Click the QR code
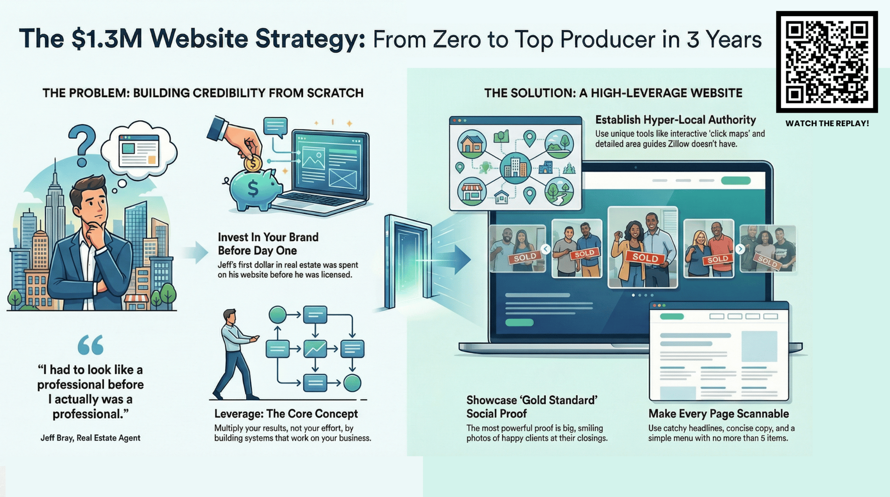click(x=827, y=62)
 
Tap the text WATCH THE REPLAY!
click(x=827, y=123)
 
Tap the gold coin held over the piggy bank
click(x=253, y=163)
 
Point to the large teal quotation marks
click(x=90, y=345)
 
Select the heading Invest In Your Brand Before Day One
click(x=268, y=244)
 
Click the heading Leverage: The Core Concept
click(x=286, y=414)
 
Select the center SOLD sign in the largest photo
click(x=645, y=257)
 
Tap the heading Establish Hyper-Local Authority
click(x=675, y=120)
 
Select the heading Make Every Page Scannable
click(x=718, y=414)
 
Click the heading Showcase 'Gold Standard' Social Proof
click(x=532, y=407)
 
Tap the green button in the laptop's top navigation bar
click(x=736, y=180)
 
